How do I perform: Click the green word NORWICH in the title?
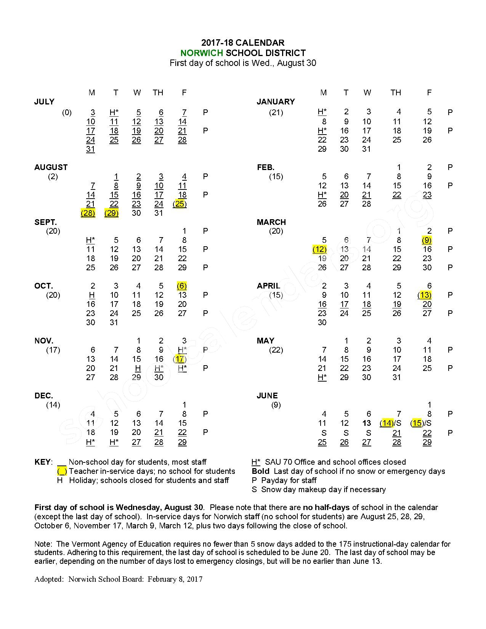[x=202, y=53]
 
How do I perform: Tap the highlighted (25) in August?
[x=180, y=204]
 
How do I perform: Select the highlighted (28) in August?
[x=88, y=213]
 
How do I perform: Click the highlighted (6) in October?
[x=182, y=286]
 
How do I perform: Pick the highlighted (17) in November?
[x=180, y=359]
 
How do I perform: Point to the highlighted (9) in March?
[x=427, y=240]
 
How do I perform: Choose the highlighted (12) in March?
[x=319, y=249]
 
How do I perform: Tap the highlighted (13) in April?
[x=424, y=295]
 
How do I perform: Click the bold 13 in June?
[x=367, y=423]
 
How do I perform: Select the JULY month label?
[x=44, y=102]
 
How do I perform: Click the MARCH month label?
[x=271, y=222]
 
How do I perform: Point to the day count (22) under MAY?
[x=276, y=350]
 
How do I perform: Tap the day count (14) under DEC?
[x=53, y=405]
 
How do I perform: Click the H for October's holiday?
[x=91, y=295]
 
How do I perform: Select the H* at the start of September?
[x=90, y=240]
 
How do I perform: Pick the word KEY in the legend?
[x=42, y=462]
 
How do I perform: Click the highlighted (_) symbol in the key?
[x=62, y=471]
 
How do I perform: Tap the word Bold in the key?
[x=260, y=471]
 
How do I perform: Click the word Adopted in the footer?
[x=49, y=579]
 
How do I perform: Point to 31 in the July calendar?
[x=90, y=149]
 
